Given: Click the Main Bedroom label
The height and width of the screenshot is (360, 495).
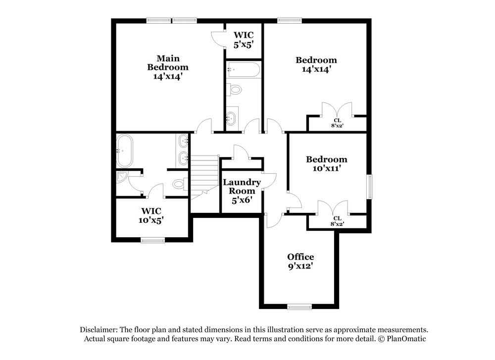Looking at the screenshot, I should [x=168, y=67].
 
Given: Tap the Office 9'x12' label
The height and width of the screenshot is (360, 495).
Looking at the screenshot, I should [x=300, y=261].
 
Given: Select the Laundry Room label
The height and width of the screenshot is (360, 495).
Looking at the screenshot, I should [x=242, y=191].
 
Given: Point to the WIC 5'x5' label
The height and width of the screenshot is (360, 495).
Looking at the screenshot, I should [x=244, y=39].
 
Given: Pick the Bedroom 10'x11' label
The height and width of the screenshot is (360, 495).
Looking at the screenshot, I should [x=326, y=164].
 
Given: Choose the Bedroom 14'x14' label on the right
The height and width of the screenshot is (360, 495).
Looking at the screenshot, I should [x=316, y=65].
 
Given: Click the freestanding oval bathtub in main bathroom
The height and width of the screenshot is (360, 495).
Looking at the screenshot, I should [x=124, y=151].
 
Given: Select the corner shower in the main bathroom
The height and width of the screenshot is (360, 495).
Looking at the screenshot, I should [x=122, y=176].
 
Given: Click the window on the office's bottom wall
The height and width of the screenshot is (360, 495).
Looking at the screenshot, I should [x=300, y=307].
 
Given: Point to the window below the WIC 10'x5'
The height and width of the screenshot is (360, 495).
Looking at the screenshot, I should [x=152, y=240].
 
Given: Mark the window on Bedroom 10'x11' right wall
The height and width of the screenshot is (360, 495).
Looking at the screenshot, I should [x=369, y=187].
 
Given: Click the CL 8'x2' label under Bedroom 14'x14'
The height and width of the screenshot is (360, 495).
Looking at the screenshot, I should [x=337, y=123].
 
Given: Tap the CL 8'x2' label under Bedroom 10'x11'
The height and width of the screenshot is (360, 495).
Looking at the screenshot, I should [x=337, y=221].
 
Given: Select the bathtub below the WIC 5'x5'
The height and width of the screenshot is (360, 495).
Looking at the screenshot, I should [x=243, y=70].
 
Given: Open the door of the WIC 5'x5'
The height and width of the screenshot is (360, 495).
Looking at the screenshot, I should [x=218, y=38].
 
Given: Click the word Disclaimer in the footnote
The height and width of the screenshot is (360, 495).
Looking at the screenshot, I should [x=99, y=330].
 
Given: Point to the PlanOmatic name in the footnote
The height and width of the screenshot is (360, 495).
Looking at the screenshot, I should [x=406, y=339].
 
